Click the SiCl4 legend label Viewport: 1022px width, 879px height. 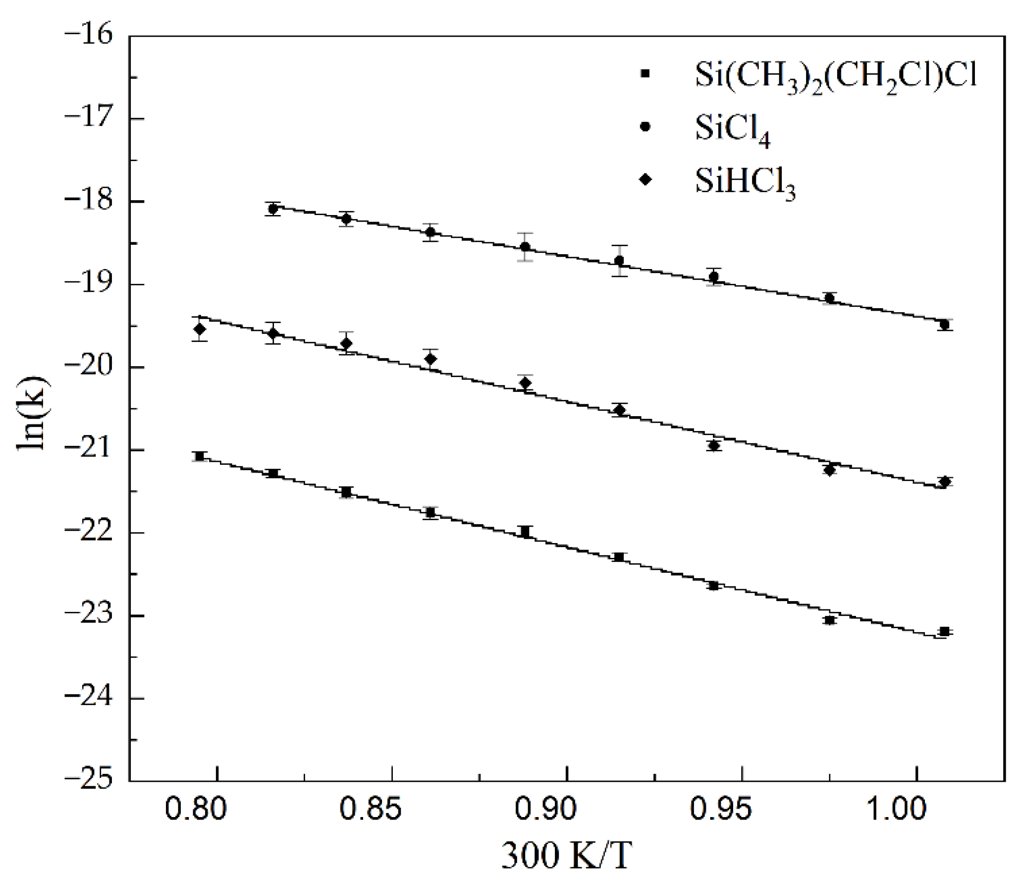click(x=732, y=130)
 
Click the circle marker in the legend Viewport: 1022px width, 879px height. click(x=645, y=127)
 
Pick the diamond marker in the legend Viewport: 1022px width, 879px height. click(x=645, y=179)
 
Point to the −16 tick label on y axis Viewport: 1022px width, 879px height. click(x=89, y=36)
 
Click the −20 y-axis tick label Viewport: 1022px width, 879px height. click(x=89, y=367)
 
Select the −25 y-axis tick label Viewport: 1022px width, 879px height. click(x=89, y=781)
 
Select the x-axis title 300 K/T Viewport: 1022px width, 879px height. click(x=566, y=856)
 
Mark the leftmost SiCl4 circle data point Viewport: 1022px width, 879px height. click(x=272, y=209)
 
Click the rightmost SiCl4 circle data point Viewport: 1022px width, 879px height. click(x=944, y=325)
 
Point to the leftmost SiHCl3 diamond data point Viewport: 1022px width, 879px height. click(x=200, y=329)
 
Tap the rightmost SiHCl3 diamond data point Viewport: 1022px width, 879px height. click(x=944, y=482)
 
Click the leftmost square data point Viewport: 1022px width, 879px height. click(x=200, y=456)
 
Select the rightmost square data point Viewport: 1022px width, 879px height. click(x=944, y=632)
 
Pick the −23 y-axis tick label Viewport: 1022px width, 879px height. click(x=89, y=616)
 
